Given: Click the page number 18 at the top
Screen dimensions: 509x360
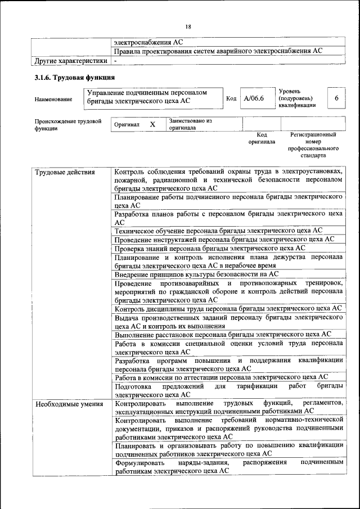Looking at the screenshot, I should coord(188,26).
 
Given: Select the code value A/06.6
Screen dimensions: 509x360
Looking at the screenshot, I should coord(254,98).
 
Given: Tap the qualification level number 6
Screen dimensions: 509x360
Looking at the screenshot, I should coord(336,98).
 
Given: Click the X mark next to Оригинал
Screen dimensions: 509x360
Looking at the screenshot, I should coord(152,124).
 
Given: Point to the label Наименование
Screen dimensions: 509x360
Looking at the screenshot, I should coord(53,100).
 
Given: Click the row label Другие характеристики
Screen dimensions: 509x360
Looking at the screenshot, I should coord(70,60).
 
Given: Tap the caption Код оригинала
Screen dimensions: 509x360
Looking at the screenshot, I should coord(262,138).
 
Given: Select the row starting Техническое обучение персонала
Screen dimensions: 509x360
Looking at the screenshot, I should coord(218,231).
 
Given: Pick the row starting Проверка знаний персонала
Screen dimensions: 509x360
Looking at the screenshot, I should coord(210,248).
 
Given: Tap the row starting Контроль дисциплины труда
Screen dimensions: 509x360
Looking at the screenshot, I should coord(228,308).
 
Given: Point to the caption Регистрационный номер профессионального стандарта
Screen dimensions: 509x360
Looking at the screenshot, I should coord(313,145).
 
